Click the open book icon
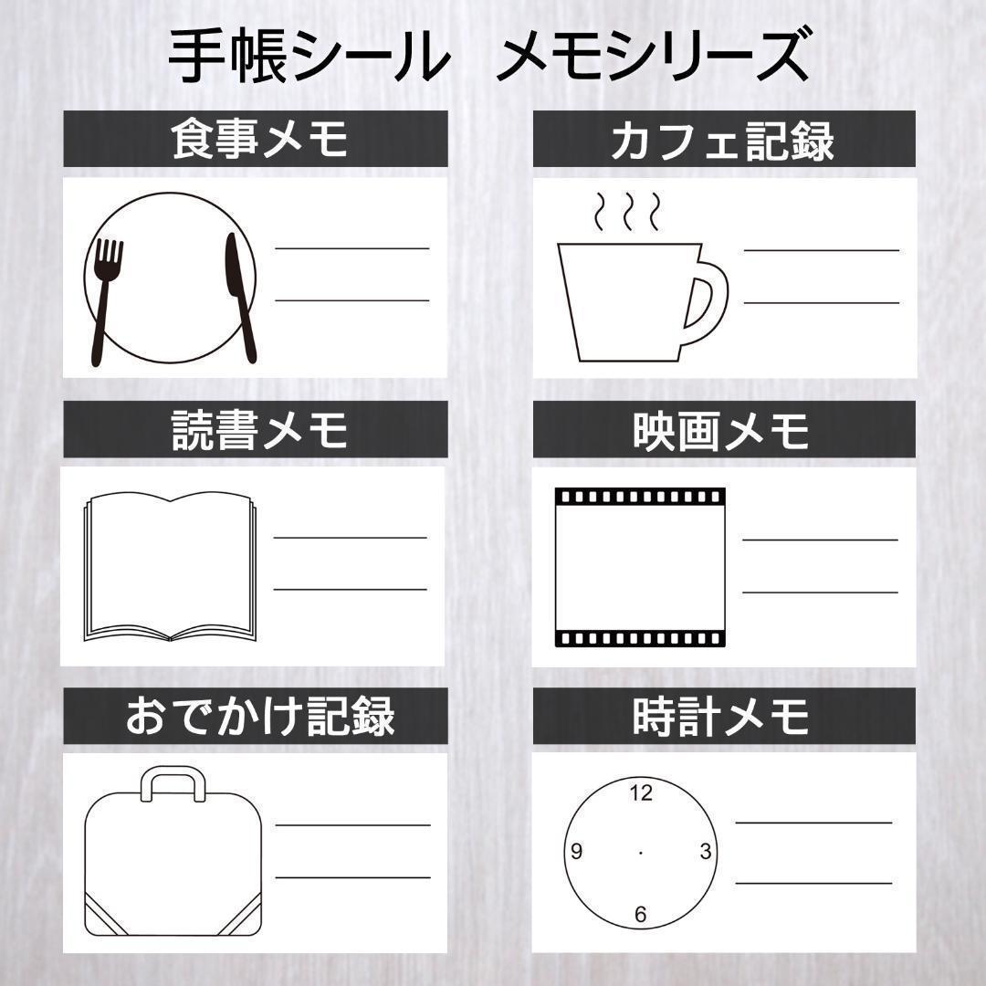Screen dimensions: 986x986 click(x=171, y=567)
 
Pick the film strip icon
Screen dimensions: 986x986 click(x=640, y=567)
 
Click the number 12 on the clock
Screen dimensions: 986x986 click(x=641, y=793)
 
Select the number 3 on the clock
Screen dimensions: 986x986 click(x=706, y=852)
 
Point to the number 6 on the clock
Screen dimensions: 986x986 click(x=640, y=914)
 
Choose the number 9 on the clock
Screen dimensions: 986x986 click(x=576, y=852)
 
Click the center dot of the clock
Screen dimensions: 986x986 click(x=640, y=853)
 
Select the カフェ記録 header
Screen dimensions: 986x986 click(x=724, y=139)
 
